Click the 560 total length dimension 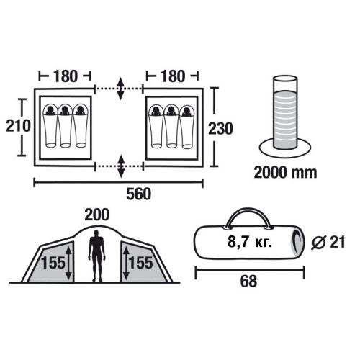click(x=139, y=194)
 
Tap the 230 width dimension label click(x=220, y=128)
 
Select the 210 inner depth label click(x=18, y=126)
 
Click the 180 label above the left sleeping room click(x=66, y=76)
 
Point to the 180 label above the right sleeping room click(x=173, y=76)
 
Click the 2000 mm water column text click(x=285, y=173)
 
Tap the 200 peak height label click(x=97, y=215)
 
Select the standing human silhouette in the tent click(x=96, y=256)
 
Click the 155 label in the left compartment click(x=53, y=263)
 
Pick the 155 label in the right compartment click(x=141, y=263)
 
